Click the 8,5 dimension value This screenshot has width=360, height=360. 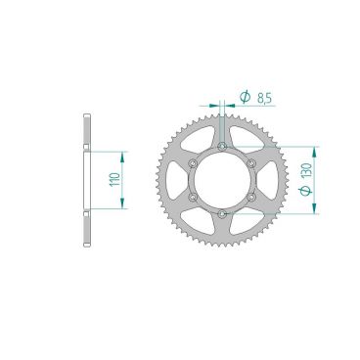pos(264,98)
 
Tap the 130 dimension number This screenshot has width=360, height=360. pos(307,171)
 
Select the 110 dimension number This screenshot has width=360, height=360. pos(114,180)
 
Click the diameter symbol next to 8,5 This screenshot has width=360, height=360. pos(245,97)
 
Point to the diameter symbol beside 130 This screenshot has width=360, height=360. pos(306,191)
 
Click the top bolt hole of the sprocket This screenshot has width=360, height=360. pos(222,146)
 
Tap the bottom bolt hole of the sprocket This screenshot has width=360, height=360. pos(222,214)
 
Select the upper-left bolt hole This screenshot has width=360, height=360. pos(193,162)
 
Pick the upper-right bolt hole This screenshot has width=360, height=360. pos(251,162)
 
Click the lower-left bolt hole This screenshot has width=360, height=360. pos(193,197)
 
